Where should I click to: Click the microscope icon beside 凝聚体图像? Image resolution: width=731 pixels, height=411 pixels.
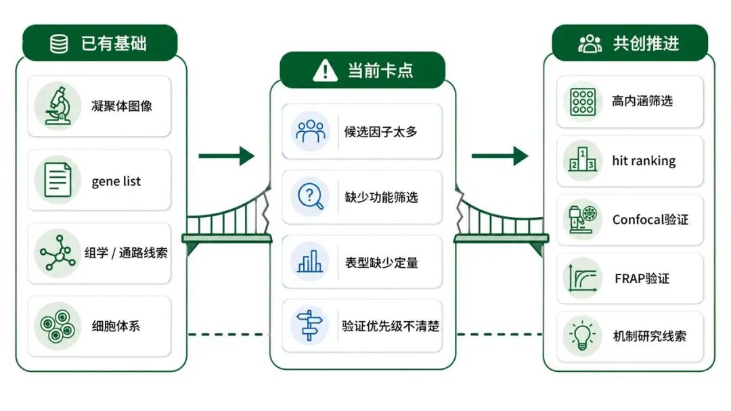[58, 105]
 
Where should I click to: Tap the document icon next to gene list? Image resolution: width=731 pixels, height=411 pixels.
[58, 180]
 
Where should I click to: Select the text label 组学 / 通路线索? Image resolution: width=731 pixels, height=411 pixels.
[126, 253]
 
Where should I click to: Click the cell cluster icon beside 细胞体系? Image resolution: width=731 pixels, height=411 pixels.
[58, 326]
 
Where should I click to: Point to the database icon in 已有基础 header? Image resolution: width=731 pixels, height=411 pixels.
[59, 44]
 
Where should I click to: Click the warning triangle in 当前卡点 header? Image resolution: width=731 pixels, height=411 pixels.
[325, 71]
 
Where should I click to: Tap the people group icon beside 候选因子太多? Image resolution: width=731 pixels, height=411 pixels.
[311, 130]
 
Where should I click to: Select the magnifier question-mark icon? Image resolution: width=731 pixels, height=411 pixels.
[311, 197]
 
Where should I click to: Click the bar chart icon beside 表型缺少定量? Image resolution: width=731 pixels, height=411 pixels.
[310, 261]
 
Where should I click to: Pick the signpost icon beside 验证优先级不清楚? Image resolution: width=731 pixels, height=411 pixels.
[309, 325]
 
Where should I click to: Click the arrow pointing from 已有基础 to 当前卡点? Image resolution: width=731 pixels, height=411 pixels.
[227, 155]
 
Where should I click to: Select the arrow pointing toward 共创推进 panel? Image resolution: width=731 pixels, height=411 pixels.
[500, 155]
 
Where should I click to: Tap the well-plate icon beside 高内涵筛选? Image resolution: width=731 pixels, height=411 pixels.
[583, 101]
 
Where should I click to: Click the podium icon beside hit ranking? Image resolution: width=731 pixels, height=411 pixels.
[583, 160]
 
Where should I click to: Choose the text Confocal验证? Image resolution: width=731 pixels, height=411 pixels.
[650, 219]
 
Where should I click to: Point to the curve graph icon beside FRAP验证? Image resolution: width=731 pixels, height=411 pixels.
[583, 278]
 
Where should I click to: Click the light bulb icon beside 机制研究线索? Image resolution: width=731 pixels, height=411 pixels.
[583, 336]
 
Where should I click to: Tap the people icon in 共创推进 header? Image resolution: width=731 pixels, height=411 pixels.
[590, 44]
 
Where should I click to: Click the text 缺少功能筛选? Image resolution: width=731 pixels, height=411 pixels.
[381, 197]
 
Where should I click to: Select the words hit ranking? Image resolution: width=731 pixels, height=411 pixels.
[644, 161]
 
